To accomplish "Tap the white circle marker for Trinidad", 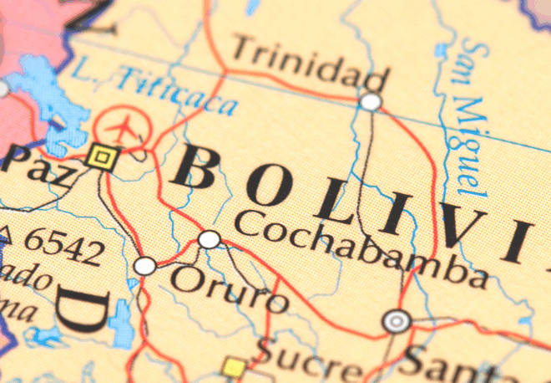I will point(370,102).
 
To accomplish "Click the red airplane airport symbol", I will point(123,128).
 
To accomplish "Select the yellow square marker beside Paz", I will point(102,156).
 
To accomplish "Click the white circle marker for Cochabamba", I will point(210,240).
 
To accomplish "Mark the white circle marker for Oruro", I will point(145,266).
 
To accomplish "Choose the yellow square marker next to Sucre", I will point(235,367).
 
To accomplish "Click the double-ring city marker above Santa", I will point(397,320).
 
